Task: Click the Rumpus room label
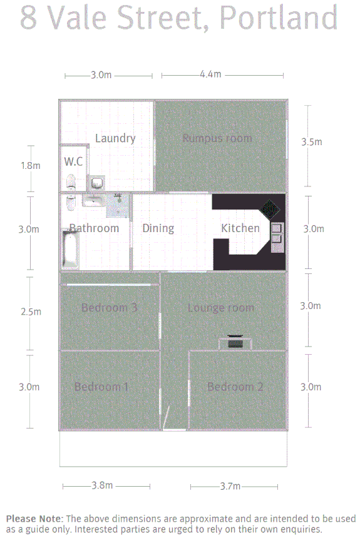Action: coord(217,138)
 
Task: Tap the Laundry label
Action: coord(115,138)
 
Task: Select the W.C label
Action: coord(73,161)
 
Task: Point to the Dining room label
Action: coord(158,228)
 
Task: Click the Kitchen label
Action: coord(240,228)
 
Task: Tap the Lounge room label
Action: coord(221,308)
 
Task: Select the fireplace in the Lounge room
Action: coord(235,342)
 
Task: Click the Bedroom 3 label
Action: coord(109,308)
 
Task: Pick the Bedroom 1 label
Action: coord(101,387)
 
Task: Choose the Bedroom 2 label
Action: coord(235,387)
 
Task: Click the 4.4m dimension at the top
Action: coord(210,74)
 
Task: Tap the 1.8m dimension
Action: coord(30,166)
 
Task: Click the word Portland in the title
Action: coord(279,19)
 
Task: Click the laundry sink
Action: coord(97,183)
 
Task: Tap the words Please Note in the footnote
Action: coord(34,519)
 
